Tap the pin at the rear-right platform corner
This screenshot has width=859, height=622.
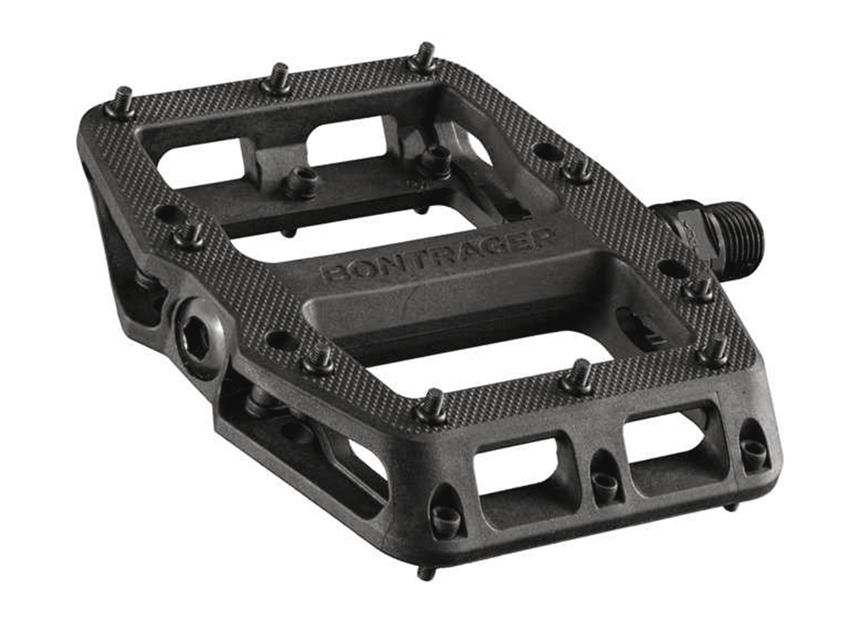tap(424, 57)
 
